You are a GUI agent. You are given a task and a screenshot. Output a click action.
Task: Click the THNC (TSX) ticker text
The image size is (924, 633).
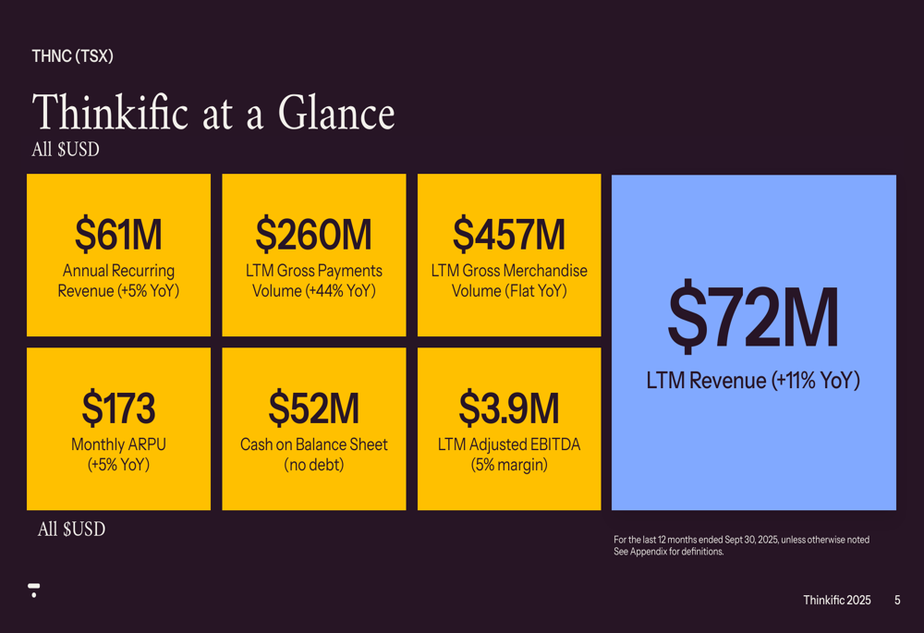pos(72,56)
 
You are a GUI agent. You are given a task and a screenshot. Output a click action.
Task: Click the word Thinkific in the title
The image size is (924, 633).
pos(110,114)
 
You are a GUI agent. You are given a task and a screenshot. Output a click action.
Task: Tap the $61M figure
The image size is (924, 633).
pos(118,235)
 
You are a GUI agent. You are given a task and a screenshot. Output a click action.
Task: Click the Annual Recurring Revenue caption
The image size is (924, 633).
pos(118,281)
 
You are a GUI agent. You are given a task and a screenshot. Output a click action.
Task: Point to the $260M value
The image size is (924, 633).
pos(313,235)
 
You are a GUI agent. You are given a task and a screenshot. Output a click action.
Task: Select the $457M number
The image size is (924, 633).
pos(508,235)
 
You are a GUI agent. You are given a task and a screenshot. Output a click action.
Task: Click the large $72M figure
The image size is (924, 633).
pos(753,319)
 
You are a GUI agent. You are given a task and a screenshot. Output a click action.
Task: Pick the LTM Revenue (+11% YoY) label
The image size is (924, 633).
pos(753,381)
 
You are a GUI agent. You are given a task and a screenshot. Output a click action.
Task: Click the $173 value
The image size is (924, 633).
pos(118,408)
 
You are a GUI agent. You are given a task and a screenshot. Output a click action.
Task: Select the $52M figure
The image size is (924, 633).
pos(313,408)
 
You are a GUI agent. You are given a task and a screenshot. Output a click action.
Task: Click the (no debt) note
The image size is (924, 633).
pos(313,465)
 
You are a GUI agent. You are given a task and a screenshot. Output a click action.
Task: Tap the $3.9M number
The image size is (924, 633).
pos(508,408)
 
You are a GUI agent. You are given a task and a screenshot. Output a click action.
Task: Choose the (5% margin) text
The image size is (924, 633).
pos(508,465)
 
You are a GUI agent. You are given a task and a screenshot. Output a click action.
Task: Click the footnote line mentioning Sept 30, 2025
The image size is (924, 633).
pos(741,540)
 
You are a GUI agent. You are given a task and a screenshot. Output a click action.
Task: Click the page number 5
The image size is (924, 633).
pos(897,601)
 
